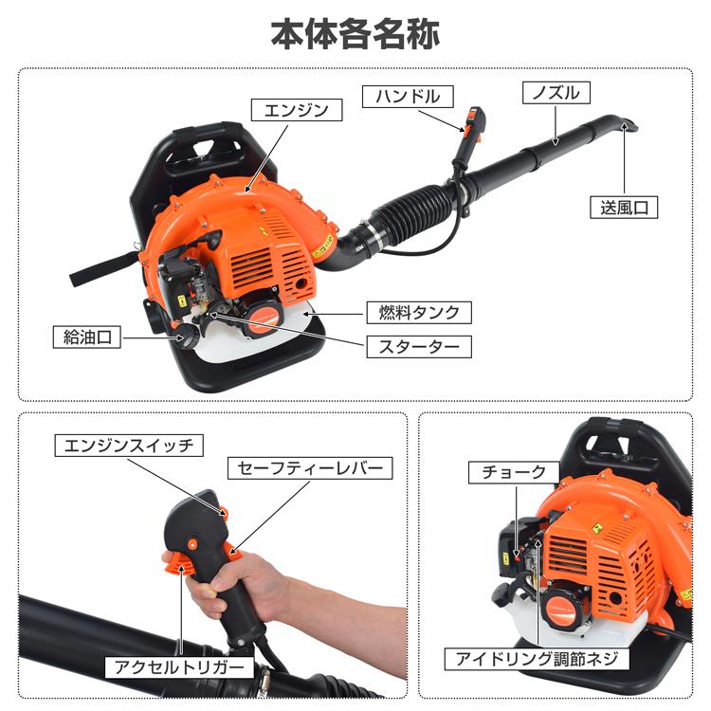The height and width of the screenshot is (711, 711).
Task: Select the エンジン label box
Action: (294, 110)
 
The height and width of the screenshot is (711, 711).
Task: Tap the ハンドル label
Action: (407, 95)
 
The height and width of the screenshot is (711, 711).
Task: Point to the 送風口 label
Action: (623, 208)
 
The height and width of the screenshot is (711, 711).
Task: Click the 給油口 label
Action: (86, 337)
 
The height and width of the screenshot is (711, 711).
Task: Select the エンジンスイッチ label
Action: (128, 444)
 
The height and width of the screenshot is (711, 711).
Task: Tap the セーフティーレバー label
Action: (308, 468)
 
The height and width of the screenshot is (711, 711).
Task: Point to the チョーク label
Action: (510, 471)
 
